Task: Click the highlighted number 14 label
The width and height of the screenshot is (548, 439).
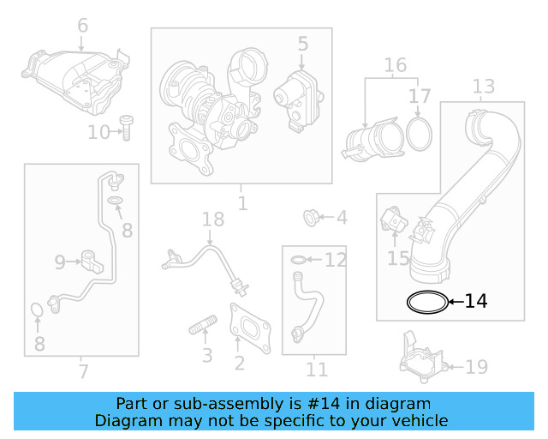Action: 476,301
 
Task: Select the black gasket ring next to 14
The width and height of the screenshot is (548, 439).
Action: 427,301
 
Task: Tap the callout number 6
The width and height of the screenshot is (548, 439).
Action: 82,26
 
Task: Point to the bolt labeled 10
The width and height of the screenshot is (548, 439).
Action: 125,129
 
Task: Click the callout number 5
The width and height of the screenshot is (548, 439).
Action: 303,43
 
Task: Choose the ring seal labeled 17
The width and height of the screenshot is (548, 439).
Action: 419,134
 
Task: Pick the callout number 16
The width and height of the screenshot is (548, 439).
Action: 395,65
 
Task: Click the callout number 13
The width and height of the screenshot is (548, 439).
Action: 484,86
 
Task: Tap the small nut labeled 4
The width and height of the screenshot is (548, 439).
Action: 312,217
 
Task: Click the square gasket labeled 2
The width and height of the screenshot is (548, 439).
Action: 247,327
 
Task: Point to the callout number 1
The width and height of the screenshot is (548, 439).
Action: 242,204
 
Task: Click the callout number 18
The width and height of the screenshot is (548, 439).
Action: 212,221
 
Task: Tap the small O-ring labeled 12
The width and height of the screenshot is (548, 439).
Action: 296,259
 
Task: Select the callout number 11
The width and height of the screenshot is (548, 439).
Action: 317,370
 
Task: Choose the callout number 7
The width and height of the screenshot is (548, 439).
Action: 82,371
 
